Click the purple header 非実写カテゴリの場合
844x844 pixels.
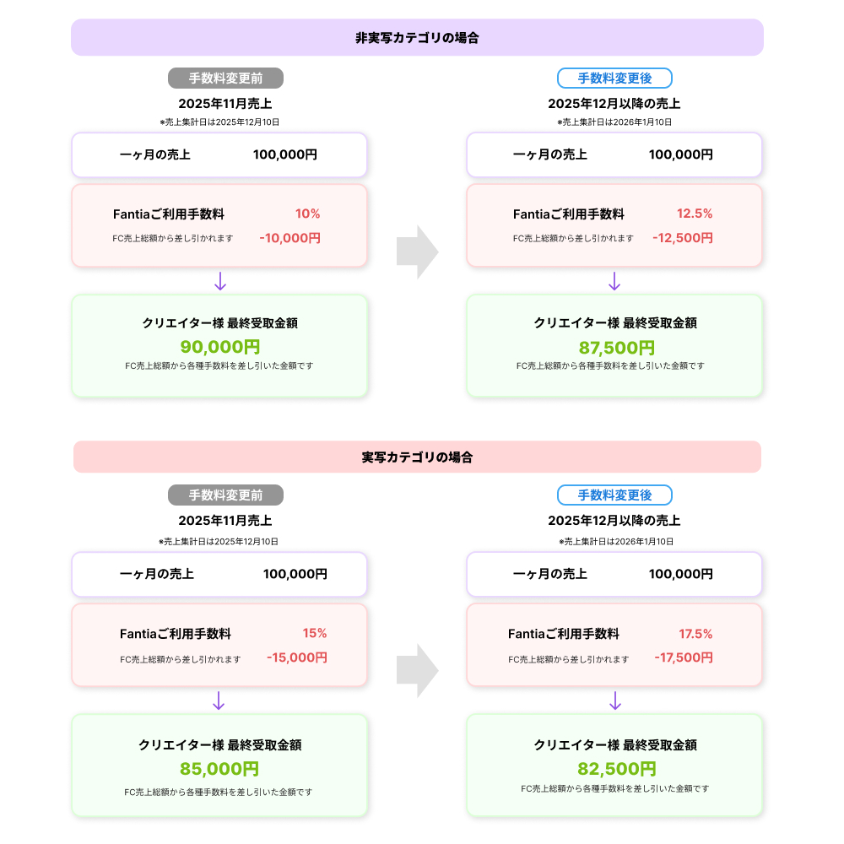point(417,38)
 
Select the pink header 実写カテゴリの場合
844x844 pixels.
point(417,457)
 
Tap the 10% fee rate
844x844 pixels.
point(307,214)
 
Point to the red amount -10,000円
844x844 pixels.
point(289,238)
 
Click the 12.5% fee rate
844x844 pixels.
point(695,214)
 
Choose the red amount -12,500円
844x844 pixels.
point(682,238)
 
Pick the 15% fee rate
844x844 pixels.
point(315,634)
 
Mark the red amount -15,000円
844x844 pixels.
point(296,657)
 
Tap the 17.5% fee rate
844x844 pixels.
point(695,634)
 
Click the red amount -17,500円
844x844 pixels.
point(683,657)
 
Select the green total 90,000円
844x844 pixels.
point(219,347)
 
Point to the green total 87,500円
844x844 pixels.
point(616,348)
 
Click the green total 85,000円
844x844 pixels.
point(219,769)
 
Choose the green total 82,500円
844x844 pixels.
point(616,769)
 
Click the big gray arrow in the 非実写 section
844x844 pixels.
point(417,252)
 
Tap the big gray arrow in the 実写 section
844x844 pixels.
point(417,671)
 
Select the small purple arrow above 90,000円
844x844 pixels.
point(220,281)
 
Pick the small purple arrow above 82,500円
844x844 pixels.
point(615,701)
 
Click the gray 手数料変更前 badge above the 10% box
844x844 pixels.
point(225,78)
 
